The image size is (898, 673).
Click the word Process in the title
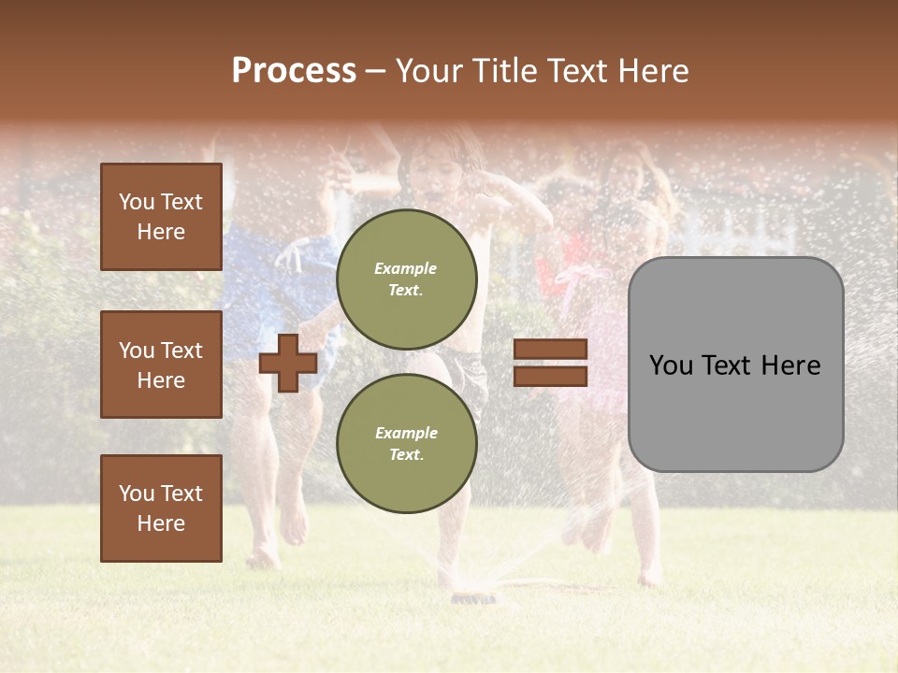point(294,71)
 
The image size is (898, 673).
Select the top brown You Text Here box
point(161,217)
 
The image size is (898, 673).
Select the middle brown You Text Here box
point(161,365)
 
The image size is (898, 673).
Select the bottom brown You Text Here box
point(161,508)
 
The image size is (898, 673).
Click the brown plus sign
point(288,363)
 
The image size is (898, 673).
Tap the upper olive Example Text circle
point(406,279)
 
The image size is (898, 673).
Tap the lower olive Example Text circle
point(406,443)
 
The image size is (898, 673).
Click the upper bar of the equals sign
point(550,350)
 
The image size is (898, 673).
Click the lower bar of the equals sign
point(550,376)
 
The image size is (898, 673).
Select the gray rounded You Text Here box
point(735,365)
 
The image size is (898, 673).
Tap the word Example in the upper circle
point(406,268)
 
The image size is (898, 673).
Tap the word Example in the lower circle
point(406,433)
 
